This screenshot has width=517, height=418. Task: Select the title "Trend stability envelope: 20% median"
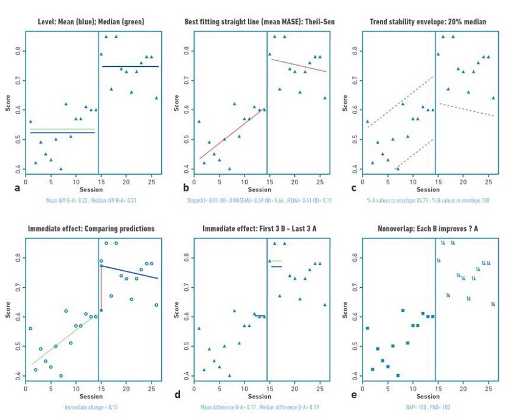[x=428, y=22]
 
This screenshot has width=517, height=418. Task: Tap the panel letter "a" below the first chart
[x=17, y=188]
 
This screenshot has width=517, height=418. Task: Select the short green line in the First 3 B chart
[x=276, y=261]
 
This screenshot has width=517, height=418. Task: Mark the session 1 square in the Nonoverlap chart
[x=367, y=328]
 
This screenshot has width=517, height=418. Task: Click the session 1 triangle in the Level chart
[x=30, y=122]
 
